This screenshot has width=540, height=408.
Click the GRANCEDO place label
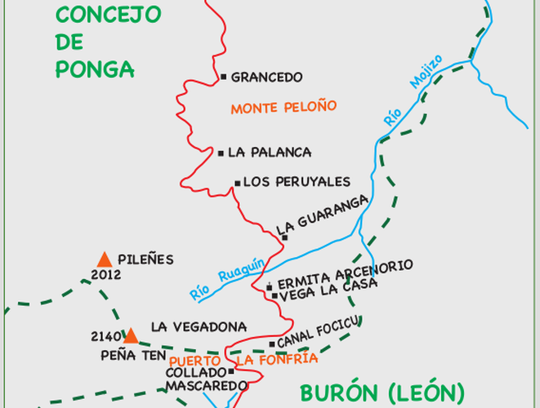(267, 78)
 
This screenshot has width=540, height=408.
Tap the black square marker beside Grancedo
(223, 77)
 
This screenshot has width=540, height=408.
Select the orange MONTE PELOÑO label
(283, 108)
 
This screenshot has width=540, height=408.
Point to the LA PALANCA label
(270, 153)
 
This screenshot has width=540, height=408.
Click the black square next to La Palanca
(221, 153)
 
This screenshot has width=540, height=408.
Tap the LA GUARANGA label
(322, 214)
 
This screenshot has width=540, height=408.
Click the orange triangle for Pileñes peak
(104, 259)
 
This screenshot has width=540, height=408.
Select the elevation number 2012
(106, 275)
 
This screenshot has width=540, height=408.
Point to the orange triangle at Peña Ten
(131, 335)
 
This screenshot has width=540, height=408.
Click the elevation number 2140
(107, 335)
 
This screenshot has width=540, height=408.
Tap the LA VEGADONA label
(199, 326)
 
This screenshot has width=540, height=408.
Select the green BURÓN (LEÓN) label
(382, 392)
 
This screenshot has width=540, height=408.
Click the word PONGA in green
(95, 69)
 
